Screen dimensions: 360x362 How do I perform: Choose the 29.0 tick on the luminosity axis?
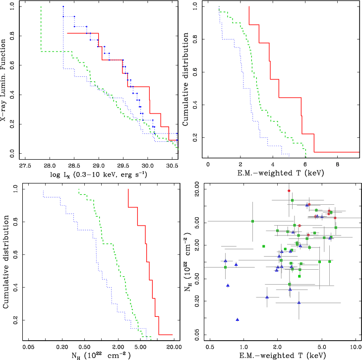[x=98, y=165]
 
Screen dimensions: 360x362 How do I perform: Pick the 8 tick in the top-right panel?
[x=337, y=165]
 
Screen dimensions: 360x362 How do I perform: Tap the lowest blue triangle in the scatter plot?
[x=237, y=320]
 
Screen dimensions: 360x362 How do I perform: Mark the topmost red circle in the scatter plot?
[x=289, y=191]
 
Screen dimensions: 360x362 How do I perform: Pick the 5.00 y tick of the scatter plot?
[x=193, y=222]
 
